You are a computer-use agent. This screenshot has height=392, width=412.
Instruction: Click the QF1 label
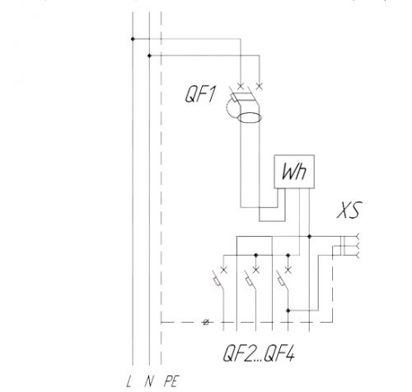click(200, 94)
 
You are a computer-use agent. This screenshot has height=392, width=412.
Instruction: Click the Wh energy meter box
click(294, 172)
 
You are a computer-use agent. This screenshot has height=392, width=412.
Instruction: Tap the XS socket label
click(349, 210)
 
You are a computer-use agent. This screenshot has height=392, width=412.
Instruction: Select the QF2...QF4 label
click(259, 353)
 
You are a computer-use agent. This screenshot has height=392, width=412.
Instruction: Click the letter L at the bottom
click(129, 381)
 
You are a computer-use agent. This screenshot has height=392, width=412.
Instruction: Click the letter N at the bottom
click(148, 381)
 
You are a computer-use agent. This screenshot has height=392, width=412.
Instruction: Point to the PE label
click(171, 381)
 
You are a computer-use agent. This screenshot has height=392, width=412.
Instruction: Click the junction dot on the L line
click(133, 39)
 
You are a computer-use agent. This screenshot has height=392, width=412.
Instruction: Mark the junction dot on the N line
click(149, 56)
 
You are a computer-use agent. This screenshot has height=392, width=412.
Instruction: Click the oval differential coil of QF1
click(250, 118)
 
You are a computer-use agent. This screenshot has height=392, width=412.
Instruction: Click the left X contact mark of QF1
click(241, 87)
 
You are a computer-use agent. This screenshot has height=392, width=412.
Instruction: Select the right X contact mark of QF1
click(260, 87)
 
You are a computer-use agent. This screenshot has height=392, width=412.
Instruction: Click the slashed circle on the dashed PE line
click(206, 322)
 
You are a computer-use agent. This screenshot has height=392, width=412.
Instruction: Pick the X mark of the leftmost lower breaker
click(224, 270)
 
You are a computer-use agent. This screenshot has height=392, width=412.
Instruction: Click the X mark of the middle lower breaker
click(256, 270)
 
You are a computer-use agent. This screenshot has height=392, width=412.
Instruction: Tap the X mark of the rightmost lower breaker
click(288, 270)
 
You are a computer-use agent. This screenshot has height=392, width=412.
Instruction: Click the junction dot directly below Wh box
click(309, 236)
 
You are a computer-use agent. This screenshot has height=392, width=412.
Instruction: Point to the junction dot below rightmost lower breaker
click(288, 310)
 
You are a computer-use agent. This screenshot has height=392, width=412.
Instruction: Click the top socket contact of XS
click(358, 236)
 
